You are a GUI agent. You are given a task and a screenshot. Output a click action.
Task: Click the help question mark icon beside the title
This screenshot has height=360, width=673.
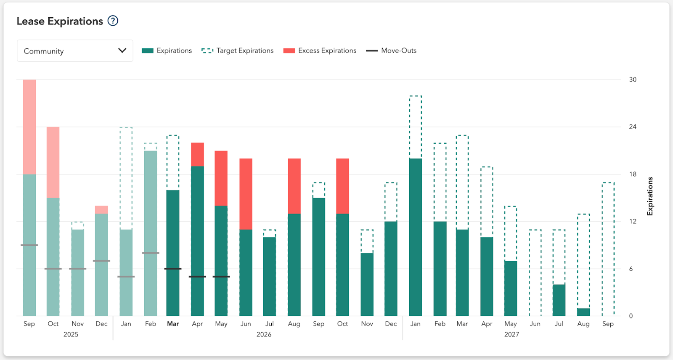pos(113,21)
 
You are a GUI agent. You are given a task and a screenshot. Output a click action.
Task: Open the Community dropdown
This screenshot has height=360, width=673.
pos(75,51)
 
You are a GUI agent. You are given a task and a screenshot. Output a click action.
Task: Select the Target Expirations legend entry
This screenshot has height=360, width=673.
pos(238,50)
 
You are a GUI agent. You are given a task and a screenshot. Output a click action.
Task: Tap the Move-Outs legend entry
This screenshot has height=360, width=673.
pos(392,50)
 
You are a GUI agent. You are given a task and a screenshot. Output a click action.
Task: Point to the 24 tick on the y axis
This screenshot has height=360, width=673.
pos(632,127)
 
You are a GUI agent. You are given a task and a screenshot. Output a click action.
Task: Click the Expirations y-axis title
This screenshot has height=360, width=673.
pos(650,196)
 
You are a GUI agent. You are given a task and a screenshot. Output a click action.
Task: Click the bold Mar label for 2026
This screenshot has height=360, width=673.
pos(173,323)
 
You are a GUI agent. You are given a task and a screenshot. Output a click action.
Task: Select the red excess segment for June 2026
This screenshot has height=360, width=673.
pos(246,193)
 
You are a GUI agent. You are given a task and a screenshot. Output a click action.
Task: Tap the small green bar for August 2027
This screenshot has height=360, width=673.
pos(583,312)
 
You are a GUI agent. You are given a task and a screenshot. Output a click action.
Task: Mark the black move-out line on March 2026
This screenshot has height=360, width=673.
pos(173,269)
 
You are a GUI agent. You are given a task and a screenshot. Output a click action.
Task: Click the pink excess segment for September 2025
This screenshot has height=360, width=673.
pos(29,127)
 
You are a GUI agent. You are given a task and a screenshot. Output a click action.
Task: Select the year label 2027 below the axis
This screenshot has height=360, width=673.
pos(511,334)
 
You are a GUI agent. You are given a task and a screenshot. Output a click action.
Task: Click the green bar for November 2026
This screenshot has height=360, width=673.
pos(367,284)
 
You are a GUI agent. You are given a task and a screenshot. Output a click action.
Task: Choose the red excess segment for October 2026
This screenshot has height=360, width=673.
pos(342,186)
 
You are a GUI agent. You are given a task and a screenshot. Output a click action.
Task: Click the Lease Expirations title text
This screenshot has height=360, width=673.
pos(60,21)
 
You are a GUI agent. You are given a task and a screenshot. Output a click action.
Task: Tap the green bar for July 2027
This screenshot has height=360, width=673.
pos(559,300)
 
